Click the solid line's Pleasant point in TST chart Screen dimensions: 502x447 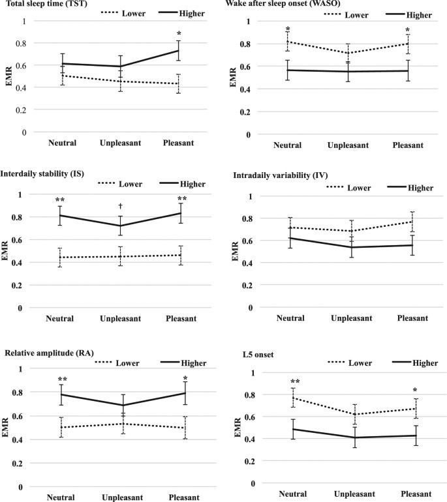(177, 50)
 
